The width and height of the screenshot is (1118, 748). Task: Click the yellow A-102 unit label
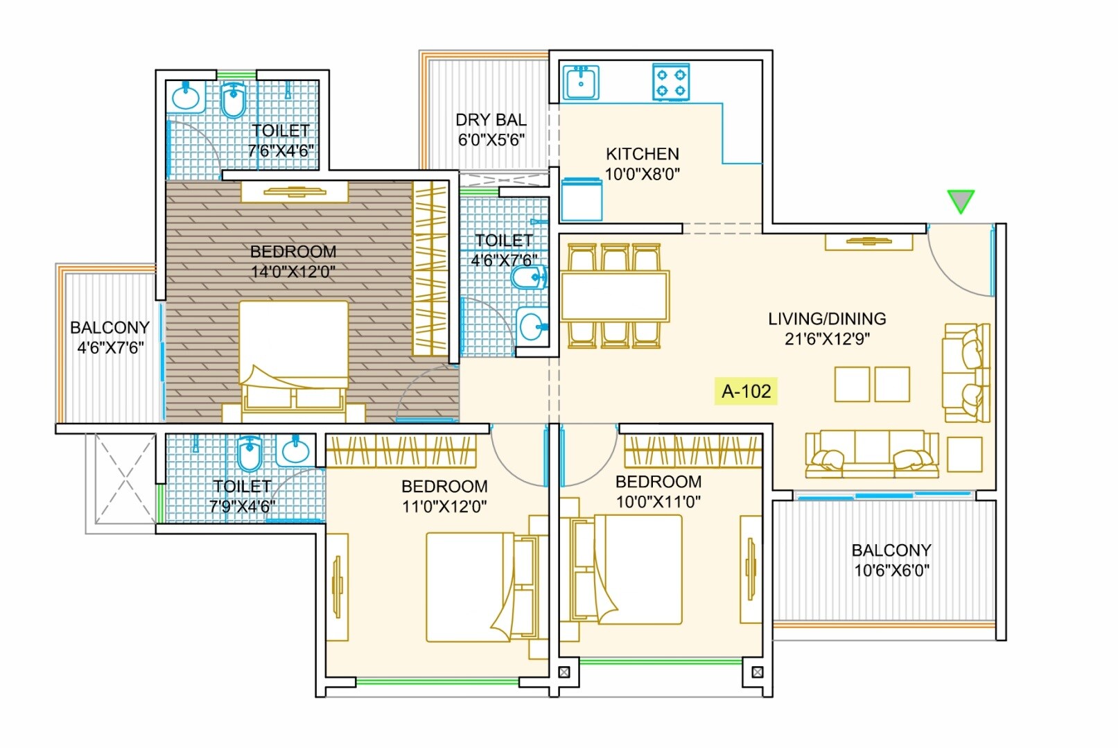pos(746,391)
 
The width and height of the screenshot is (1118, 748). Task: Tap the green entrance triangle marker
pos(961,200)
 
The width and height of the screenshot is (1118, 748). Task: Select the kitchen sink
pos(581,82)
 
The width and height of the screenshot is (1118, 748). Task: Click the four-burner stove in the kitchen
pos(671,82)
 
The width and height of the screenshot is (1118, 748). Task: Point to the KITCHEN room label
pos(642,154)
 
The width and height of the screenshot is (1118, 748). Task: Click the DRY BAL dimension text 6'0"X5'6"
pos(491,140)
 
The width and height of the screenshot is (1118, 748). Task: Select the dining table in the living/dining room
pos(615,297)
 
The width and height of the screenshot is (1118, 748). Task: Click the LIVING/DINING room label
pos(826,319)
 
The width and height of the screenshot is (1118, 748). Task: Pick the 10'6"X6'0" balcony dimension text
pos(891,571)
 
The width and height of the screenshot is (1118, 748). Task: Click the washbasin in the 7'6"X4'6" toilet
pos(186,97)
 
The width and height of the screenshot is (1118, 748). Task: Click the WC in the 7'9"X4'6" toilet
pos(250,453)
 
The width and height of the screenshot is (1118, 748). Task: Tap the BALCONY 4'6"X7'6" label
pos(110,337)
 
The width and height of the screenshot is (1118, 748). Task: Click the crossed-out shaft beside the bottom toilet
pos(124,478)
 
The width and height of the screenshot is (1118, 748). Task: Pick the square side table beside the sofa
pos(964,454)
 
